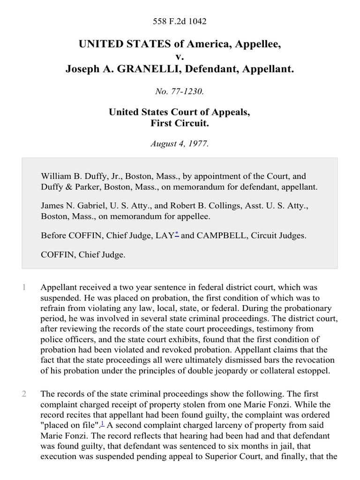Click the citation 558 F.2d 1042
(x=180, y=21)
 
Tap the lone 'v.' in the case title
(x=180, y=57)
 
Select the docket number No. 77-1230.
(x=180, y=92)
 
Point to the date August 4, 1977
(x=180, y=144)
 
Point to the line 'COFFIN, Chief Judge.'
(x=83, y=255)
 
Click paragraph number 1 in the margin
(x=24, y=287)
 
